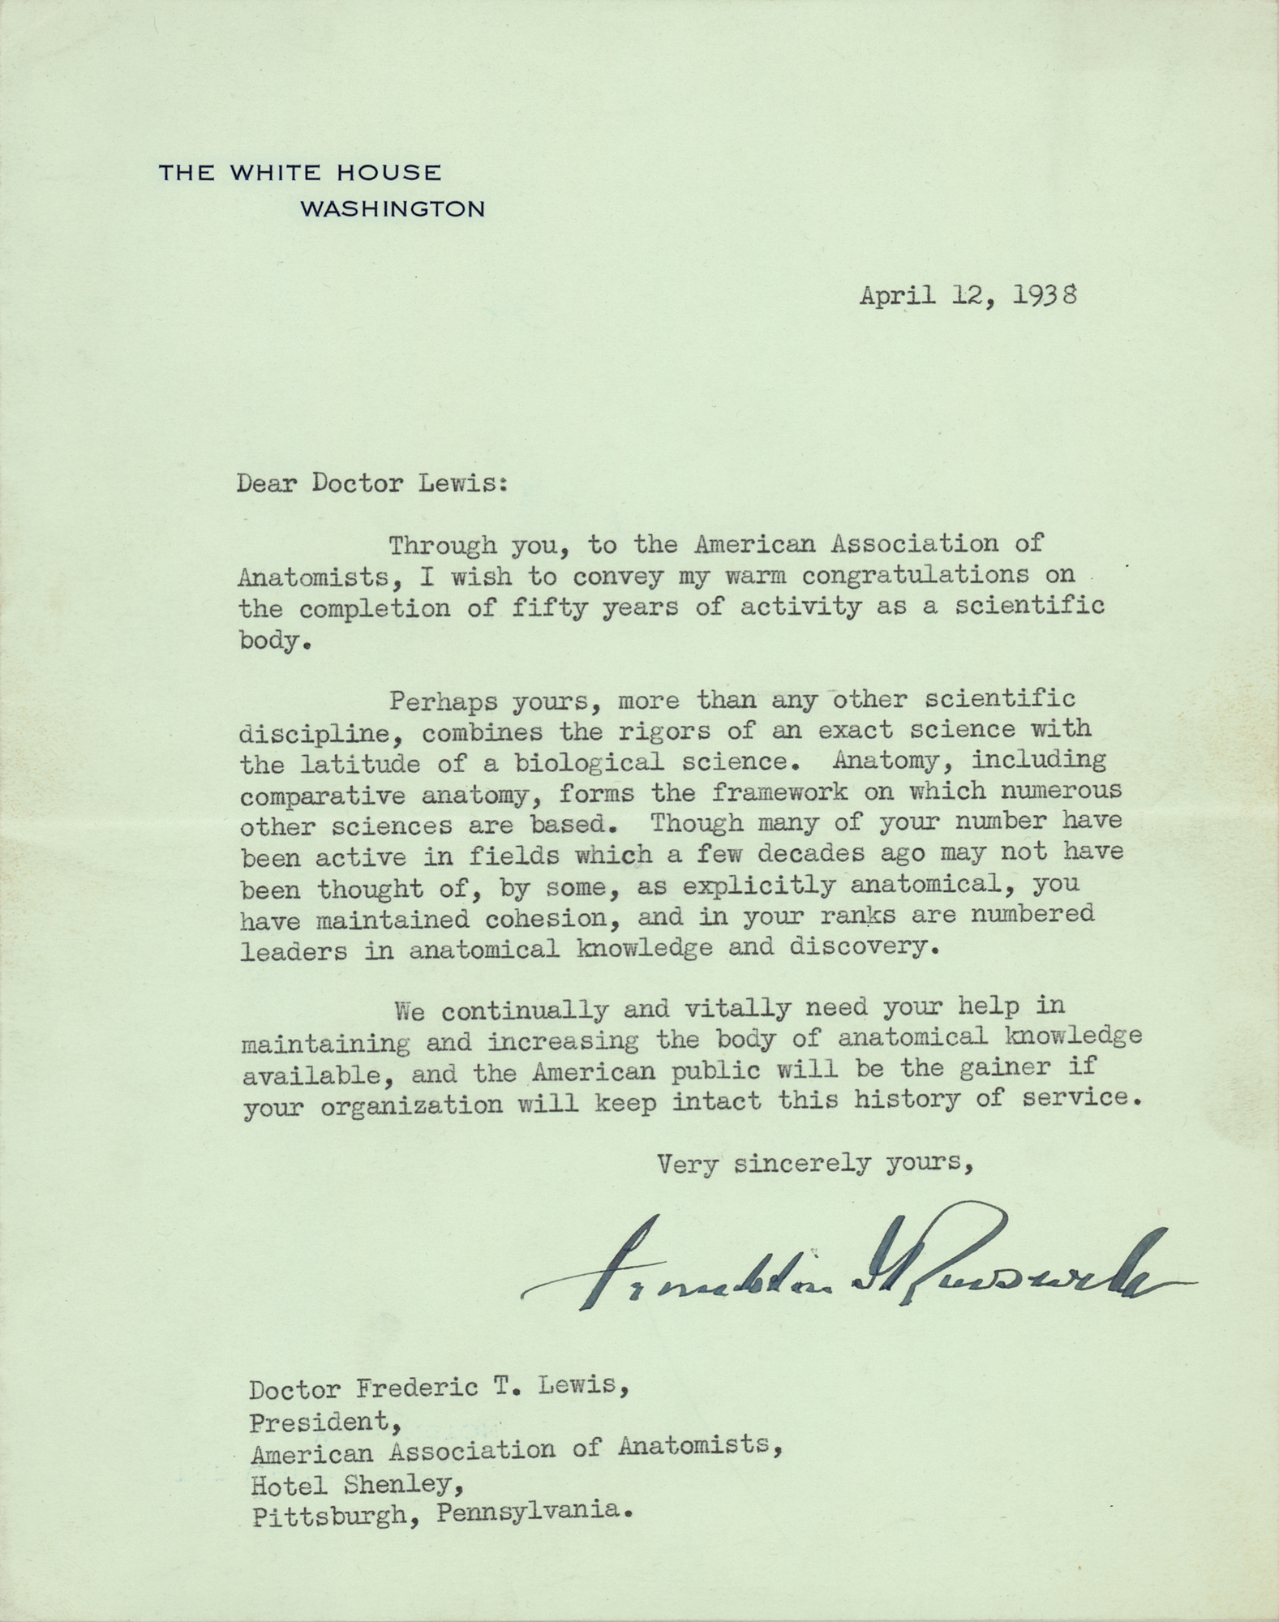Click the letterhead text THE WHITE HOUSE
299,173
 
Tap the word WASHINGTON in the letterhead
393,209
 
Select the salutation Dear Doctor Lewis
372,483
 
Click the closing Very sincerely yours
814,1165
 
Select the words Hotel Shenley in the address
351,1485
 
